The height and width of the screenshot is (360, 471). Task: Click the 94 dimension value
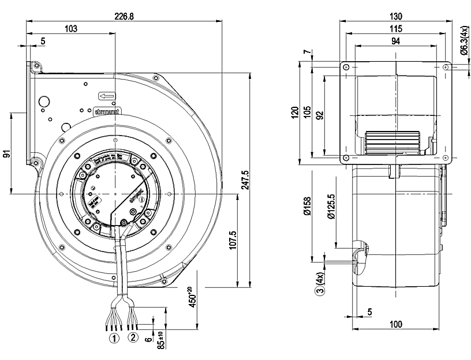click(x=395, y=40)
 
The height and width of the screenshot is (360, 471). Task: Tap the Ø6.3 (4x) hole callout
click(x=463, y=41)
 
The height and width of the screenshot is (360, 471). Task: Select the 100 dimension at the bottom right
click(x=395, y=324)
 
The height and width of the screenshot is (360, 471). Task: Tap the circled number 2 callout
click(x=133, y=336)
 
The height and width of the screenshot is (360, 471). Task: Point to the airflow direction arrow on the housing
click(x=106, y=96)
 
